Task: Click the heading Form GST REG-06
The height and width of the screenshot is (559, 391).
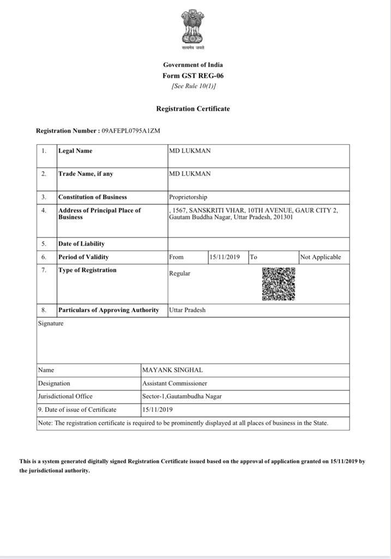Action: (193, 76)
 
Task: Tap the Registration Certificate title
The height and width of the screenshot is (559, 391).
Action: (193, 109)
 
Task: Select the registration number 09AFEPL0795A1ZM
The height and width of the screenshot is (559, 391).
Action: (131, 131)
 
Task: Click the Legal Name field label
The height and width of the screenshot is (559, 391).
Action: (75, 151)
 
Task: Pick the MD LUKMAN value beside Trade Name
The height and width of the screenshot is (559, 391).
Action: (190, 174)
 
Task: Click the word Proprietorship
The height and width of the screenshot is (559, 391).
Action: (188, 197)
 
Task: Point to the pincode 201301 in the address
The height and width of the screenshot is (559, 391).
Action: (284, 217)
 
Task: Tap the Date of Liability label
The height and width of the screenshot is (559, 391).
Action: (81, 243)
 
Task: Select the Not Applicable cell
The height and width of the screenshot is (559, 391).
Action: (321, 257)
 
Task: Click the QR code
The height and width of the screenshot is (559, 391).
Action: (279, 284)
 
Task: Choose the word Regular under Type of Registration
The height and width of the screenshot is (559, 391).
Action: (180, 273)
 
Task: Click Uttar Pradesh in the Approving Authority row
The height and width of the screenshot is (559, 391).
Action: (188, 310)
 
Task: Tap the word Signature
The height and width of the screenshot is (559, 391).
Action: (51, 323)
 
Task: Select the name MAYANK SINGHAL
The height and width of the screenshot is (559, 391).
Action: (172, 370)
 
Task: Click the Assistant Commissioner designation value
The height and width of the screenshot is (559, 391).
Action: (175, 383)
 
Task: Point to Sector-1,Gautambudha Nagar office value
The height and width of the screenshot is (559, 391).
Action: (182, 396)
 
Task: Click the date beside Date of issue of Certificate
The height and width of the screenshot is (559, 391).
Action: (158, 409)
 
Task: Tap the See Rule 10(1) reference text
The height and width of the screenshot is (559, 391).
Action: (193, 86)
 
